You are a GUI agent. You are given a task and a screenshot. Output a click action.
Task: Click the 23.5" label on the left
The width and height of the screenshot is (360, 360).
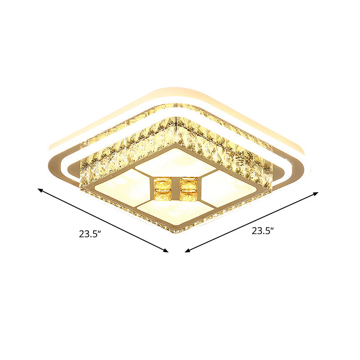click(89, 234)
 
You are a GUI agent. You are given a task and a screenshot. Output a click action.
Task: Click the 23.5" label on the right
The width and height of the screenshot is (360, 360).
click(263, 231)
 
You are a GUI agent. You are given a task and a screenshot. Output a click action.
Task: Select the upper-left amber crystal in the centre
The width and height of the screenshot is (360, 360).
click(162, 183)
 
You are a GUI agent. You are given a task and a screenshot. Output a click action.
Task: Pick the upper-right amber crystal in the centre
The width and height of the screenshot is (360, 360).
click(189, 183)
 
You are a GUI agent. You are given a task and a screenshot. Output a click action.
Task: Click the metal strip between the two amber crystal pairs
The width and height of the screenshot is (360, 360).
click(175, 189)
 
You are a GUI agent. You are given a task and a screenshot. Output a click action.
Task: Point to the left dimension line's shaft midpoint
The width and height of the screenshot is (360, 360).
click(103, 220)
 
